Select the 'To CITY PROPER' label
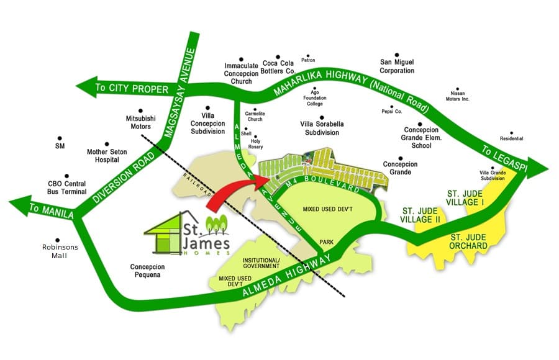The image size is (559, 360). (132, 89)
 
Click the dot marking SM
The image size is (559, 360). (60, 138)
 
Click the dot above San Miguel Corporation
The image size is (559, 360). (397, 53)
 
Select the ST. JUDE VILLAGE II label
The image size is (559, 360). (423, 214)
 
